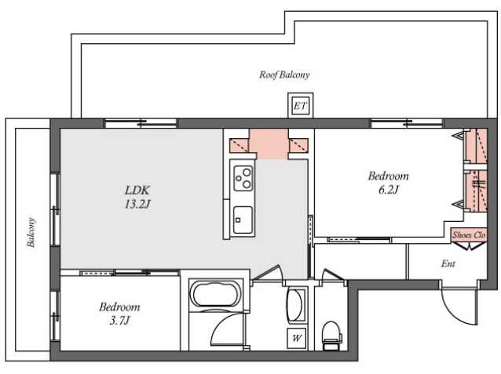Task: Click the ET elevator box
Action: [x=300, y=105]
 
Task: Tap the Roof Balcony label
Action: [x=284, y=74]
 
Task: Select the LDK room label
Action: [x=137, y=191]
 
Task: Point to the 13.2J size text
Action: [x=137, y=204]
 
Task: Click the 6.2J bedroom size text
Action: [x=388, y=191]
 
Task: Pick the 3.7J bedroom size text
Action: [x=119, y=321]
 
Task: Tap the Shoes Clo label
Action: [x=469, y=235]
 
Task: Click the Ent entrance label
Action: [x=448, y=263]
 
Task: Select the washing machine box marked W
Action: [x=297, y=338]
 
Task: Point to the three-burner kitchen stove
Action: [x=243, y=178]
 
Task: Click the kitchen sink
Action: [x=243, y=220]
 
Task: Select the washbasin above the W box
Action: [x=296, y=305]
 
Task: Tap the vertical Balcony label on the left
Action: [x=31, y=233]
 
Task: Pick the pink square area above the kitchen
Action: [x=269, y=144]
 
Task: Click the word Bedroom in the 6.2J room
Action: [x=388, y=176]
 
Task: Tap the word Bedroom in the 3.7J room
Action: [x=119, y=307]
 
